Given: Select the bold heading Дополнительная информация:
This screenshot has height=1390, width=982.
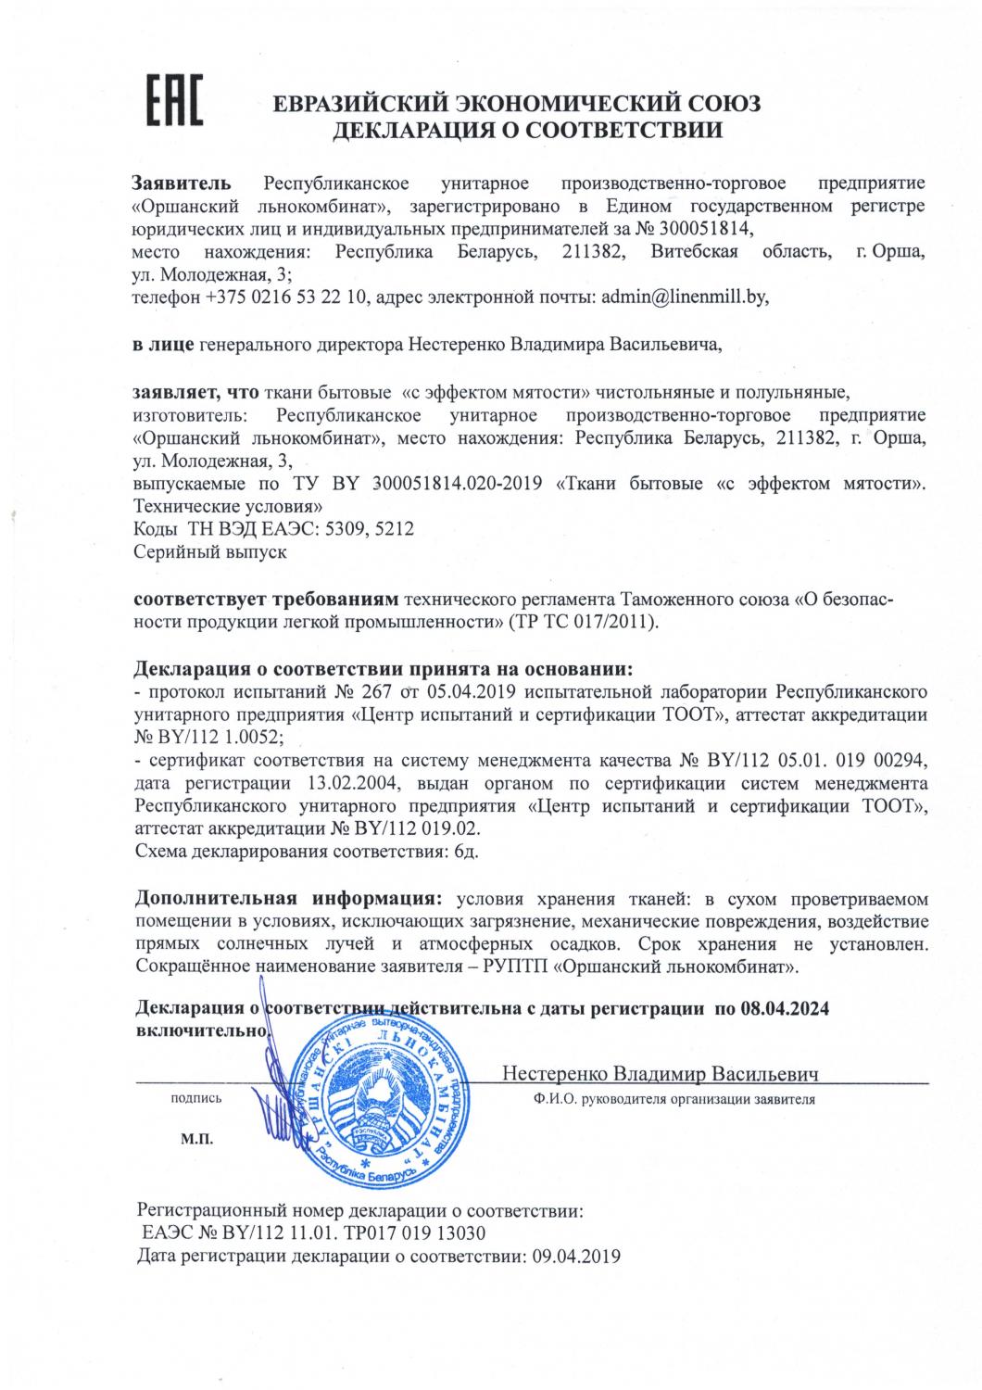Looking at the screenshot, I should point(287,899).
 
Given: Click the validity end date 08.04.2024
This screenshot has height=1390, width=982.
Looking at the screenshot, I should point(784,1009).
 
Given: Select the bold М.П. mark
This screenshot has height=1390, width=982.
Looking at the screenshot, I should point(196,1139).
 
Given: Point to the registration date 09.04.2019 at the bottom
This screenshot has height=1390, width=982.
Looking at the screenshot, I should point(573,1257).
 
